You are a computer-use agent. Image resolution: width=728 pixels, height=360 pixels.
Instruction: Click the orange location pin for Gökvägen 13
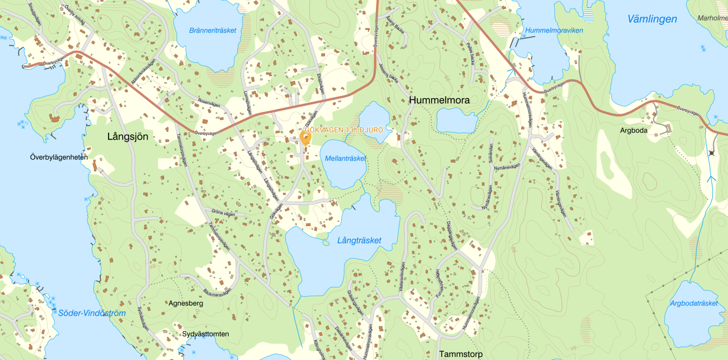pyautogui.click(x=306, y=137)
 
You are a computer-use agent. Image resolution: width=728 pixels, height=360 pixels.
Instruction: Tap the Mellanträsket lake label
pyautogui.click(x=345, y=158)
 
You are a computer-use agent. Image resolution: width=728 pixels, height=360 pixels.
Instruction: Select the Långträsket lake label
pyautogui.click(x=359, y=240)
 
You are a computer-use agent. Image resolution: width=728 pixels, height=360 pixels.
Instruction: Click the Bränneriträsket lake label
pyautogui.click(x=213, y=30)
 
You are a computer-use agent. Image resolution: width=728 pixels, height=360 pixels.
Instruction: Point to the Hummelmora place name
pyautogui.click(x=439, y=100)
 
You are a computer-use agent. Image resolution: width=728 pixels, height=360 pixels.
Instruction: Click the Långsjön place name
pyautogui.click(x=128, y=136)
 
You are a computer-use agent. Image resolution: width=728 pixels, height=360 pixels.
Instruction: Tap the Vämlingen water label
pyautogui.click(x=652, y=19)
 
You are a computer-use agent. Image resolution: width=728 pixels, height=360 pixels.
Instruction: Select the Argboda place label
pyautogui.click(x=634, y=130)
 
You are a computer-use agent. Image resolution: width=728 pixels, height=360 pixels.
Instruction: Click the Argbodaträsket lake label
pyautogui.click(x=694, y=303)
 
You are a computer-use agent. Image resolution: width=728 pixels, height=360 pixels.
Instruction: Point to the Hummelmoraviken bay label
pyautogui.click(x=554, y=30)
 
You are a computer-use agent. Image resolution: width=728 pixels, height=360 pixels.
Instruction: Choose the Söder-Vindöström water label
pyautogui.click(x=92, y=313)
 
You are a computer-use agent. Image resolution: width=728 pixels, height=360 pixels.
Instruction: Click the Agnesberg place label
pyautogui.click(x=186, y=303)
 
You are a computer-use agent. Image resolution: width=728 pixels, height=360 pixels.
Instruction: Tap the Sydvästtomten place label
pyautogui.click(x=206, y=334)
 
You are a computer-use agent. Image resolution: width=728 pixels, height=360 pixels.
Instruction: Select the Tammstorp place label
pyautogui.click(x=461, y=354)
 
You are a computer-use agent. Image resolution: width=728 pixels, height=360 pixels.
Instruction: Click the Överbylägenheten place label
pyautogui.click(x=59, y=157)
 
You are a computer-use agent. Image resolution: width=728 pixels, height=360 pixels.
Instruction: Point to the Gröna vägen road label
pyautogui.click(x=223, y=213)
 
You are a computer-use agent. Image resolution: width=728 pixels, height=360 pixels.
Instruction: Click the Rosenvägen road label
pyautogui.click(x=209, y=102)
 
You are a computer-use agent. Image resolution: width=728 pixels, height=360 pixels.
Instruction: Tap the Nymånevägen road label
pyautogui.click(x=507, y=167)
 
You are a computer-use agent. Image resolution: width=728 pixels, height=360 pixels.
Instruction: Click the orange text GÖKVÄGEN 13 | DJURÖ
pyautogui.click(x=344, y=130)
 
